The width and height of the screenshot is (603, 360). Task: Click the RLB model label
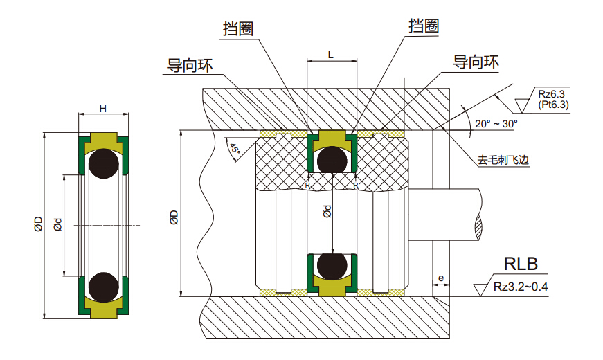521,264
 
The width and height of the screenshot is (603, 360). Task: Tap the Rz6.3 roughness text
551,94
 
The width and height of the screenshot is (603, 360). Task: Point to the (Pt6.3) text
552,105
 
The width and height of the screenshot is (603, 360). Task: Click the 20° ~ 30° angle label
496,124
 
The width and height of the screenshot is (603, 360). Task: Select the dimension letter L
332,53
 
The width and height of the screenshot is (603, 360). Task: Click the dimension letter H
102,109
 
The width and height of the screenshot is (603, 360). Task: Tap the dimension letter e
441,279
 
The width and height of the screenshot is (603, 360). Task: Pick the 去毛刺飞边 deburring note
503,159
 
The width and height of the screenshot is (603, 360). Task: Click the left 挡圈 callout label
237,29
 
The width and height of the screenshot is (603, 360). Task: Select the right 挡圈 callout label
424,26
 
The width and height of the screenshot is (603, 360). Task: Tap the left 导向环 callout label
189,66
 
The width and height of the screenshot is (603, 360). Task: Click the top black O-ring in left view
102,163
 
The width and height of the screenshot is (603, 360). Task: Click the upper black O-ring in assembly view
332,160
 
